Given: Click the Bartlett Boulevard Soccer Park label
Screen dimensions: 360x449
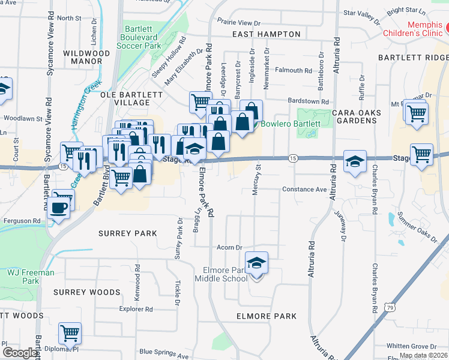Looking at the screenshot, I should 143,37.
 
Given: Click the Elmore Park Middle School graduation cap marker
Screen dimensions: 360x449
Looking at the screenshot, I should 256,263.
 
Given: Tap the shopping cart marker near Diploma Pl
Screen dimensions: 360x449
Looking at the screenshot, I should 70,333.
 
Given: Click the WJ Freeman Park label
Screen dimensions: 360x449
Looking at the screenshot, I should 30,277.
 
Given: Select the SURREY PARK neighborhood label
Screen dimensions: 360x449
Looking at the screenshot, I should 129,233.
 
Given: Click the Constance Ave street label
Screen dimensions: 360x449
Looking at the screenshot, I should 304,190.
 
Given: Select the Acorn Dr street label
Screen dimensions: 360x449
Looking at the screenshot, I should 229,247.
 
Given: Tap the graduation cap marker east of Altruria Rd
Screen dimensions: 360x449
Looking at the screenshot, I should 355,161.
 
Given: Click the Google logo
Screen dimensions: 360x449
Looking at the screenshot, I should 20,353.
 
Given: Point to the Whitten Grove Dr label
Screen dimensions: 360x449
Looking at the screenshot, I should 412,346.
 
